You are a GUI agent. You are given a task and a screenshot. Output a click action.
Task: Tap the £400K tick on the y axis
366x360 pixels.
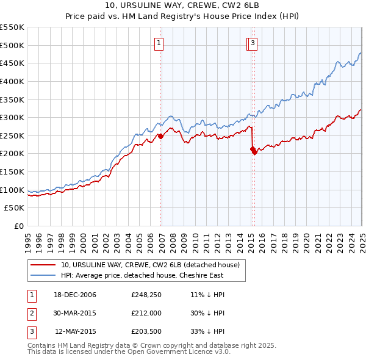click(12, 81)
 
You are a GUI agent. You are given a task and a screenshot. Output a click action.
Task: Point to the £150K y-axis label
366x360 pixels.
click(12, 172)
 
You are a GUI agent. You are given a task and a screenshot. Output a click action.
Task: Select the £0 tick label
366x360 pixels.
click(18, 226)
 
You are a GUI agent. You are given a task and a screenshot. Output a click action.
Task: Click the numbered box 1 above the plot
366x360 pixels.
click(159, 43)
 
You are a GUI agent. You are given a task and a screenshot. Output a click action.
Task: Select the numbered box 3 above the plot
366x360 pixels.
click(253, 43)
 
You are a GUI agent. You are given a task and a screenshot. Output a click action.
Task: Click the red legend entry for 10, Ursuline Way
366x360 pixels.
click(151, 265)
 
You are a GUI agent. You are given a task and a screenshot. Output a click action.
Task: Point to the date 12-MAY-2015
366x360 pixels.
click(76, 333)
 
